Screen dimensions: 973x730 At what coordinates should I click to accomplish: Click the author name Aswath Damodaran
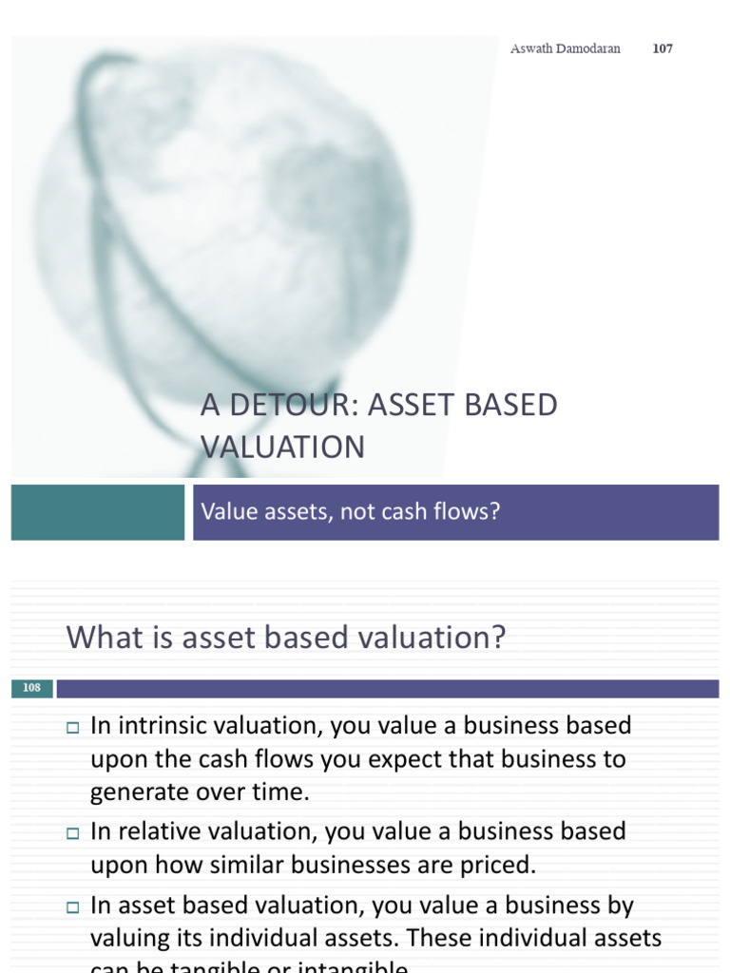[x=565, y=48]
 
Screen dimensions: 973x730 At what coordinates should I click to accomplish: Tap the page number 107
[x=663, y=48]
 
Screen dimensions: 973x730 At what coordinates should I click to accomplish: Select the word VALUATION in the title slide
[x=282, y=447]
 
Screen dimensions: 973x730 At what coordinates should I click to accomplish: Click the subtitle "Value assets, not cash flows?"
[x=351, y=512]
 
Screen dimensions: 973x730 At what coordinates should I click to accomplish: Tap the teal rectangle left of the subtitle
[x=98, y=512]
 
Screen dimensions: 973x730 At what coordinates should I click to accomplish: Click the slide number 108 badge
[x=31, y=688]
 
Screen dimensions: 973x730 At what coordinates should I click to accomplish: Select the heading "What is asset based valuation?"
[x=285, y=638]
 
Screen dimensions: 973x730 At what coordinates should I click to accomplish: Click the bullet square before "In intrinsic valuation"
[x=72, y=728]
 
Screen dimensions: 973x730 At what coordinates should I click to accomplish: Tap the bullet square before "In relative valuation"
[x=72, y=833]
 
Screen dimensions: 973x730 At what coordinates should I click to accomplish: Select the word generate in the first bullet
[x=133, y=792]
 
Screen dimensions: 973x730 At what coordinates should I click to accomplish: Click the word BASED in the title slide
[x=512, y=405]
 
